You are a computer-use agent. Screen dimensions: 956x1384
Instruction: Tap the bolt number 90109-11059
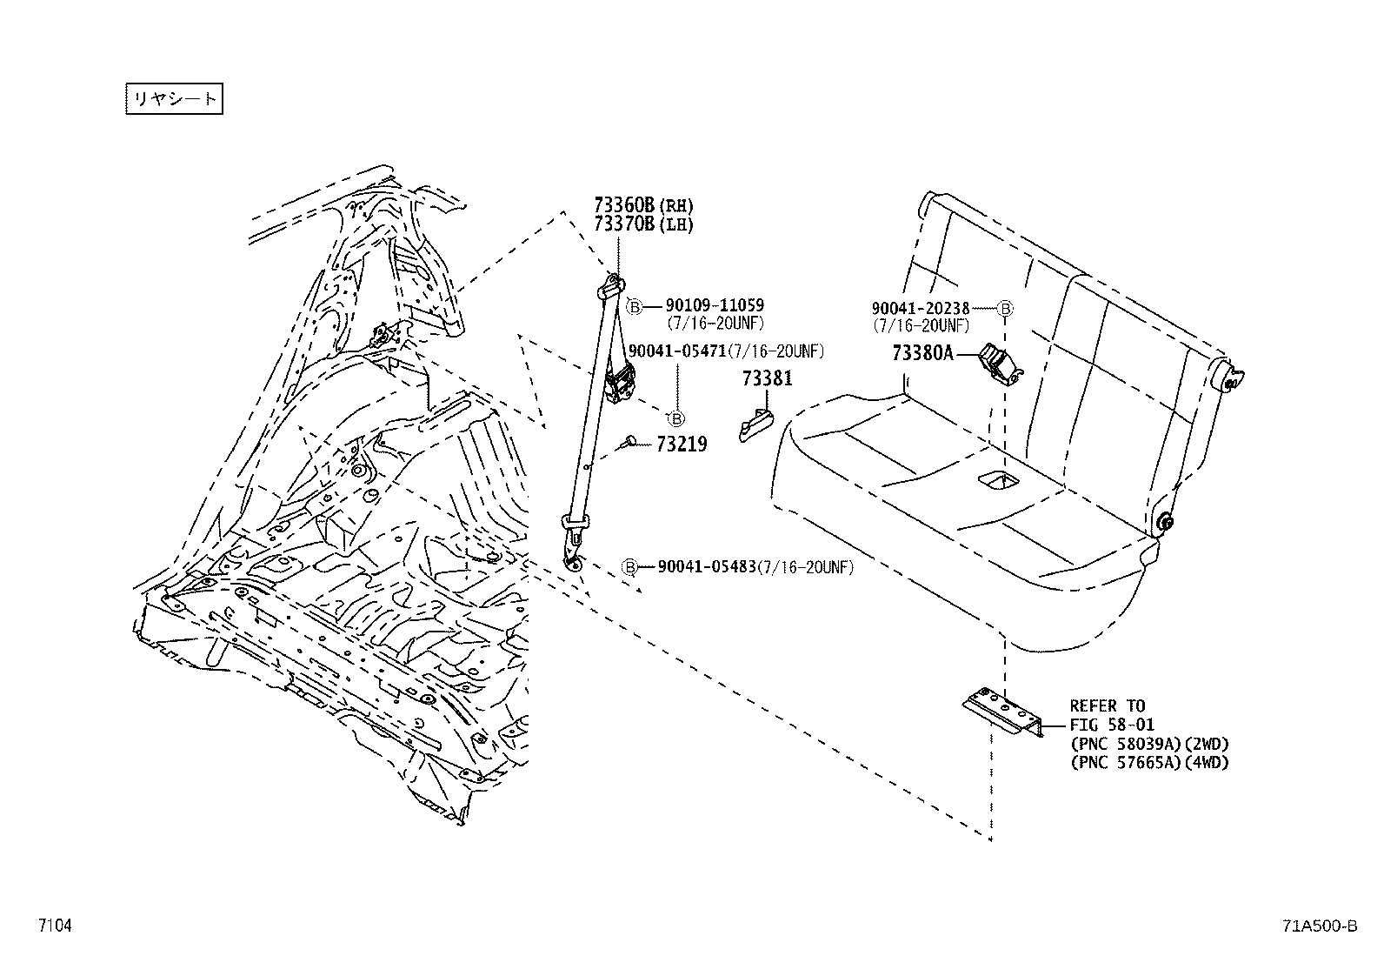715,305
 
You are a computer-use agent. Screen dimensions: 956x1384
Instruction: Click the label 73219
682,445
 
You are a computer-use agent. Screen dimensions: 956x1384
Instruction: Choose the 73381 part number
768,379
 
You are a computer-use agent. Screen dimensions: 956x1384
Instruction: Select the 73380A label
922,353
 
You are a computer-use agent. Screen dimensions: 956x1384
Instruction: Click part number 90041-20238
921,308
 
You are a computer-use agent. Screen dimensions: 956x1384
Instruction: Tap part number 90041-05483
706,567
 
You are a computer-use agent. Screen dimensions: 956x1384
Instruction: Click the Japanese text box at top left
174,98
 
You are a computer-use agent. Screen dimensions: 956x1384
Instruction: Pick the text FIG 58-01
1111,725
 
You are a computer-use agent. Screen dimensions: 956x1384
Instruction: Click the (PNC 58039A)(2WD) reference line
1148,744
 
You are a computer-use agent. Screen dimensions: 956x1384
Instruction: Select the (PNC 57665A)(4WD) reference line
1148,763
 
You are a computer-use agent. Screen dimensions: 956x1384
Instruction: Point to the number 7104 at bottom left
54,926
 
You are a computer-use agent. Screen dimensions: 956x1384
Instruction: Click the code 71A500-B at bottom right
1318,926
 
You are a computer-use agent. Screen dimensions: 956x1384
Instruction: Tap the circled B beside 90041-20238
1005,308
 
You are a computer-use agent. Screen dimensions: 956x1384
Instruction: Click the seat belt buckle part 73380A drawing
999,362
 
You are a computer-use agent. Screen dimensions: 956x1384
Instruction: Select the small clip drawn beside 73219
630,442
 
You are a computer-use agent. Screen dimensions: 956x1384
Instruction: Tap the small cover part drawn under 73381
755,424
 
